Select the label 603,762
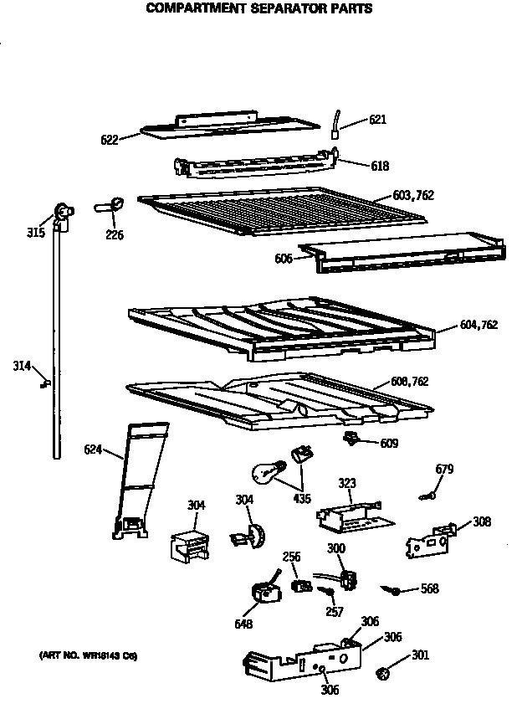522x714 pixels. [414, 196]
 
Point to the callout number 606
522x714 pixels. [283, 259]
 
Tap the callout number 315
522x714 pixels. [35, 232]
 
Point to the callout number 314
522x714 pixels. [22, 365]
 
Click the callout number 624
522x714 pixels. [93, 449]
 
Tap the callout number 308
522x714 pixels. [482, 521]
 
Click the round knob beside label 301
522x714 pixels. [384, 671]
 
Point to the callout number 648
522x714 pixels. [244, 624]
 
